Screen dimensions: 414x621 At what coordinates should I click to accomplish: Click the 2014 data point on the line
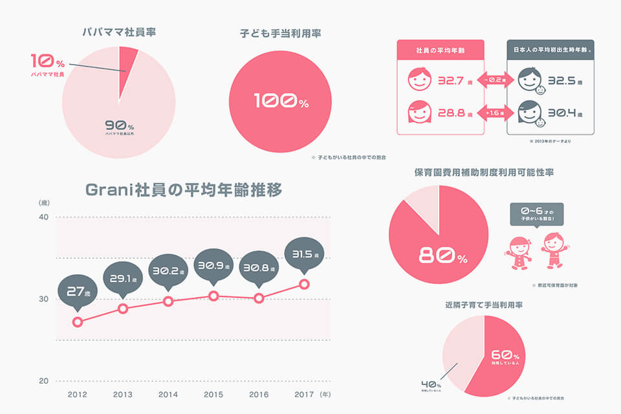(168, 301)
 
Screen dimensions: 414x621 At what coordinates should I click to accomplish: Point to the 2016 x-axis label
(259, 393)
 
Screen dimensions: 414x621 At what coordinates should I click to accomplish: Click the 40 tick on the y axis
(43, 217)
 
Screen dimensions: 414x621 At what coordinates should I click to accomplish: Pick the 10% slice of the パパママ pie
(128, 60)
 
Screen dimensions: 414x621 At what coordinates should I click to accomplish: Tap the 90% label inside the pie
(120, 127)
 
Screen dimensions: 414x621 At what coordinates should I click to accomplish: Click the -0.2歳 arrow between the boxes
(495, 80)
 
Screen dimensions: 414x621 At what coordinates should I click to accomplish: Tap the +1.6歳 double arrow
(495, 113)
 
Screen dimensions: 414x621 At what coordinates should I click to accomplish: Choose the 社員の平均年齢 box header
(440, 50)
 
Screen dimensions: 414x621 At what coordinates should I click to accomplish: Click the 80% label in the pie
(442, 256)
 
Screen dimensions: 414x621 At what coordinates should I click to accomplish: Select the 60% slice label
(505, 356)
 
